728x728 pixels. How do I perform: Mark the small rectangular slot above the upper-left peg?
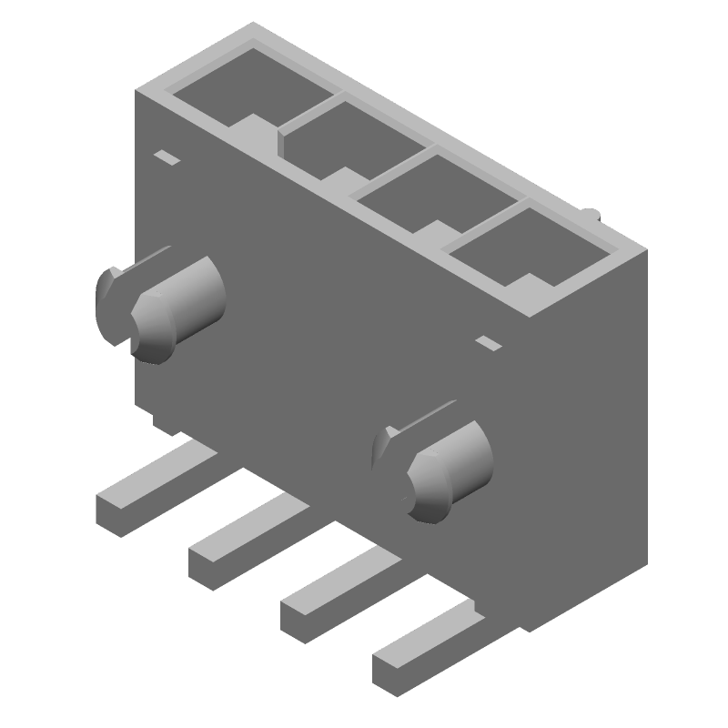click(x=167, y=158)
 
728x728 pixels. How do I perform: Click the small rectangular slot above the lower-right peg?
click(x=489, y=343)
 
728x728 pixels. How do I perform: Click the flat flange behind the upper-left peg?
click(x=109, y=300)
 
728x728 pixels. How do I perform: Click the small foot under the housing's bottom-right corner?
click(x=532, y=623)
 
